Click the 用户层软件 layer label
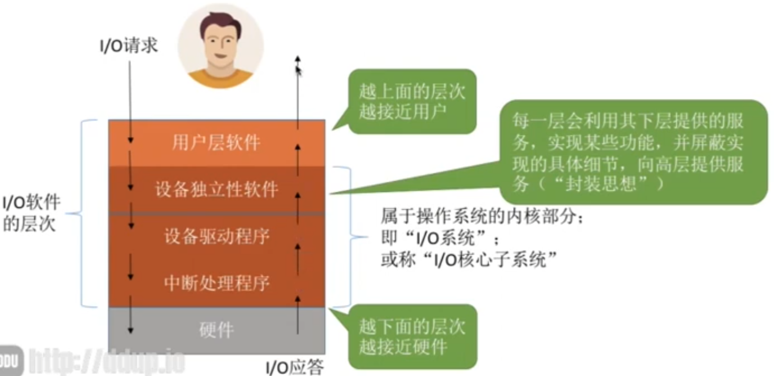click(x=216, y=143)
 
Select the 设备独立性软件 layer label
click(x=217, y=189)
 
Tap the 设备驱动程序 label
click(x=217, y=236)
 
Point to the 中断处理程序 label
click(x=217, y=283)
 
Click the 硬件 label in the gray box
click(x=217, y=330)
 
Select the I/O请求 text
click(x=129, y=45)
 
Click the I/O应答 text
click(x=295, y=367)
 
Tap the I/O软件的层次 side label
click(x=31, y=213)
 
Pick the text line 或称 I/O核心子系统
click(x=469, y=259)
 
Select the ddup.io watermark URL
click(x=107, y=361)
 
